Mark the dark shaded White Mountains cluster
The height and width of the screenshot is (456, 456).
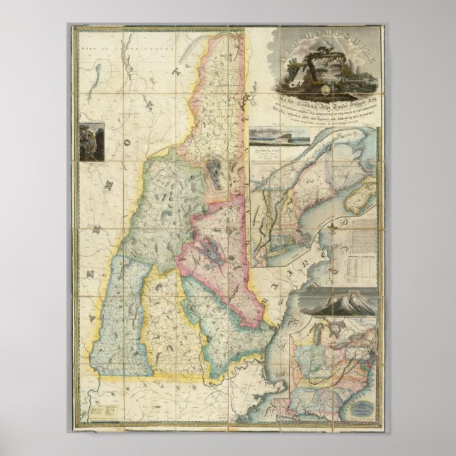[212, 170]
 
